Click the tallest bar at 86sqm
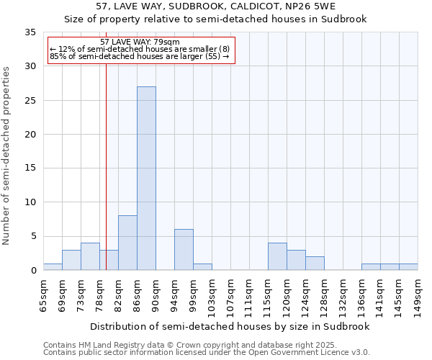146,179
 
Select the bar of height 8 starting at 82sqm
127,243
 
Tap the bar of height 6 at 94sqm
184,250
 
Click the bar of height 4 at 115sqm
277,256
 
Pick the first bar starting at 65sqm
53,267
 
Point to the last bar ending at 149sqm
408,267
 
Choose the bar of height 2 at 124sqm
315,264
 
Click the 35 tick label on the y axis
30,32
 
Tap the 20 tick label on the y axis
30,135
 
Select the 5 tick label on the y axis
33,237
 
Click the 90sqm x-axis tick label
156,294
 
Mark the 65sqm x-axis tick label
43,294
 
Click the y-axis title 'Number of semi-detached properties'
7,156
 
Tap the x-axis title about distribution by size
230,326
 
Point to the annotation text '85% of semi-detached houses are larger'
139,57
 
